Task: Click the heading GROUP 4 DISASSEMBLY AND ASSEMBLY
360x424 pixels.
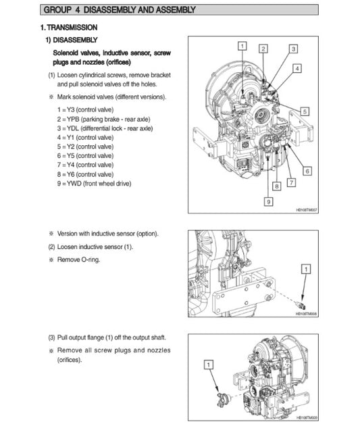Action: click(119, 9)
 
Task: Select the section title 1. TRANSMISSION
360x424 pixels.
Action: click(68, 27)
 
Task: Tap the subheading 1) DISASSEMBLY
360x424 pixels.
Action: click(71, 40)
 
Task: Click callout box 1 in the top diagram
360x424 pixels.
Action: click(242, 45)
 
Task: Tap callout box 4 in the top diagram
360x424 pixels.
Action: click(298, 69)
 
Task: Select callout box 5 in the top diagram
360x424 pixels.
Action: click(305, 111)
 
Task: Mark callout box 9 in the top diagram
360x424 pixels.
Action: click(268, 201)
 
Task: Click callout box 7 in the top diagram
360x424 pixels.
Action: click(291, 182)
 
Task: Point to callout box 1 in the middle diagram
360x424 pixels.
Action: click(306, 269)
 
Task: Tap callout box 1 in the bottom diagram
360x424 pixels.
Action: click(209, 365)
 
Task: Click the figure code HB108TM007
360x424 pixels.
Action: click(306, 210)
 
